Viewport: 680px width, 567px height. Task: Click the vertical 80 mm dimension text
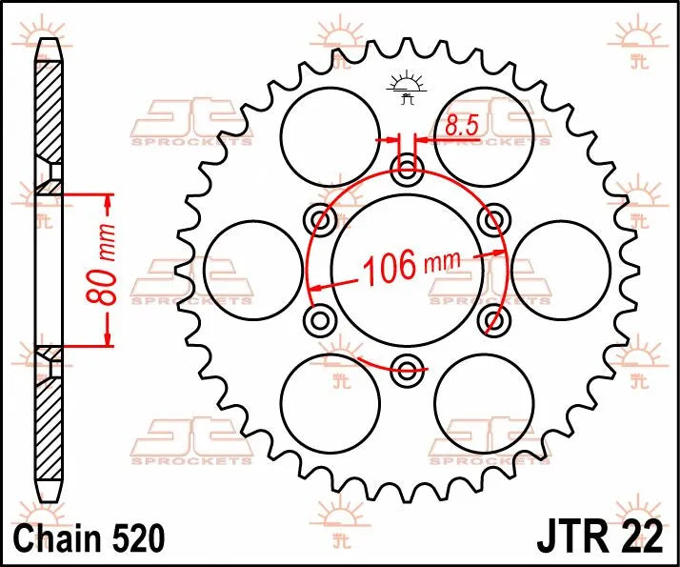point(108,271)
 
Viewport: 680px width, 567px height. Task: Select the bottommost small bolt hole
point(409,368)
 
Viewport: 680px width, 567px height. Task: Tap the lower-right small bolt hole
point(492,318)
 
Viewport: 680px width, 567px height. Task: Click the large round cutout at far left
point(246,270)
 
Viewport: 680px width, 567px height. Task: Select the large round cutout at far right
point(569,270)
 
